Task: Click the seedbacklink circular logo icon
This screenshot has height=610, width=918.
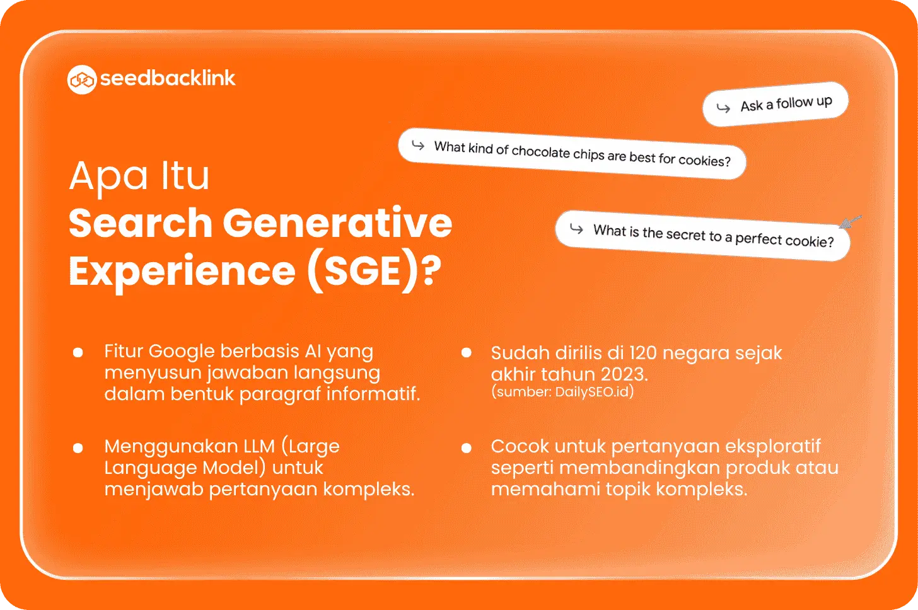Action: click(81, 79)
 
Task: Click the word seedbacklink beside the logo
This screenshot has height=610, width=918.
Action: click(168, 78)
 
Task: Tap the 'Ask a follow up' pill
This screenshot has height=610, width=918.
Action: click(776, 104)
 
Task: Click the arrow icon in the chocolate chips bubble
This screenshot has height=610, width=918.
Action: click(418, 145)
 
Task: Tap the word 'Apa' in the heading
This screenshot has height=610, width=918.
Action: click(108, 177)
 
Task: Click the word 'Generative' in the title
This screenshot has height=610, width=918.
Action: click(337, 222)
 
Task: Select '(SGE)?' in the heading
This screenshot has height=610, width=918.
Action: click(374, 271)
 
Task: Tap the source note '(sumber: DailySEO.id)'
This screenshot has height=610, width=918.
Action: click(562, 392)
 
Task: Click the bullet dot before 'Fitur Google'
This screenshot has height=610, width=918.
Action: click(78, 352)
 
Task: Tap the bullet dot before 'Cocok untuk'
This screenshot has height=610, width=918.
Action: click(467, 448)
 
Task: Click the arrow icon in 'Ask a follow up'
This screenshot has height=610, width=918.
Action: click(723, 108)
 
